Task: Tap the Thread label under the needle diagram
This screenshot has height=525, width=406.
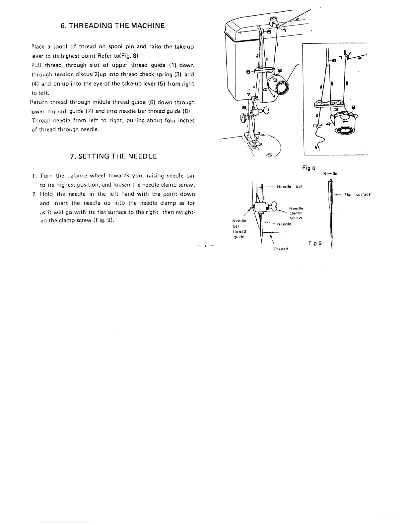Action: (x=281, y=249)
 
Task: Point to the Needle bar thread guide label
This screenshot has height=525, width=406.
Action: (x=239, y=229)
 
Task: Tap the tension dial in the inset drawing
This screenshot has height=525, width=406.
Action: (x=345, y=127)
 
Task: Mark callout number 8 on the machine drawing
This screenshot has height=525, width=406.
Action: (x=244, y=107)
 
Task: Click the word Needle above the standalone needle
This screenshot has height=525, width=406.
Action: (x=330, y=174)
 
